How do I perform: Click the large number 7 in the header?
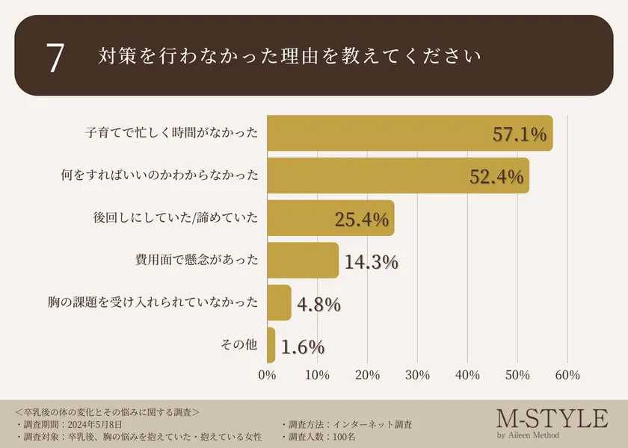pyautogui.click(x=55, y=57)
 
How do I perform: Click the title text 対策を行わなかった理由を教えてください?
pyautogui.click(x=289, y=57)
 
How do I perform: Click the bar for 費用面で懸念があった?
pyautogui.click(x=302, y=261)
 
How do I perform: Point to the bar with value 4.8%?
pyautogui.click(x=279, y=302)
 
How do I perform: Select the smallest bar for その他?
pyautogui.click(x=271, y=345)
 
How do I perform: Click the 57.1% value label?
pyautogui.click(x=520, y=134)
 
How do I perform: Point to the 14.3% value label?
pyautogui.click(x=372, y=262)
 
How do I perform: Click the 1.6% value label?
pyautogui.click(x=303, y=346)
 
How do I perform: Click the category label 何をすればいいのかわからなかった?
pyautogui.click(x=160, y=176)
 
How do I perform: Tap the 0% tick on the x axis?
pyautogui.click(x=267, y=375)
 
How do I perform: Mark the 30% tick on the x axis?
pyautogui.click(x=417, y=375)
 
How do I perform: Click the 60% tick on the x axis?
pyautogui.click(x=568, y=375)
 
